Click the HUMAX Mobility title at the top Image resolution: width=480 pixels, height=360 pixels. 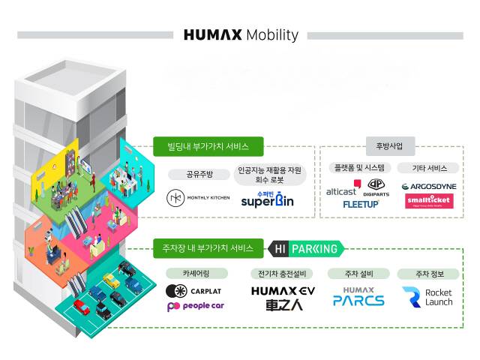click(240, 35)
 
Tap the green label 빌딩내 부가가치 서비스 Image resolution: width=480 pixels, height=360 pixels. click(200, 145)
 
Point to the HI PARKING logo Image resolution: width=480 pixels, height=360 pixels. click(307, 247)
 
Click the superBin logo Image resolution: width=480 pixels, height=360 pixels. click(268, 199)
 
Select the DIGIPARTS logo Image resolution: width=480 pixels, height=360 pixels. click(376, 187)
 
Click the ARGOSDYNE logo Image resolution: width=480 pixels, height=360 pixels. click(429, 186)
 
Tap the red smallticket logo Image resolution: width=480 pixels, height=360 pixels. click(429, 201)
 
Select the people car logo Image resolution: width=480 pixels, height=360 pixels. click(195, 306)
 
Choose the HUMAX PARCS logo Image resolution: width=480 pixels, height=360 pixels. click(358, 296)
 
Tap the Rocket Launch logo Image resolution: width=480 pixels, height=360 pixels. click(427, 296)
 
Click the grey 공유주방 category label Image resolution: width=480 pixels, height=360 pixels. click(199, 174)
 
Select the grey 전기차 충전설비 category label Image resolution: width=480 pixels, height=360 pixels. click(283, 273)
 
